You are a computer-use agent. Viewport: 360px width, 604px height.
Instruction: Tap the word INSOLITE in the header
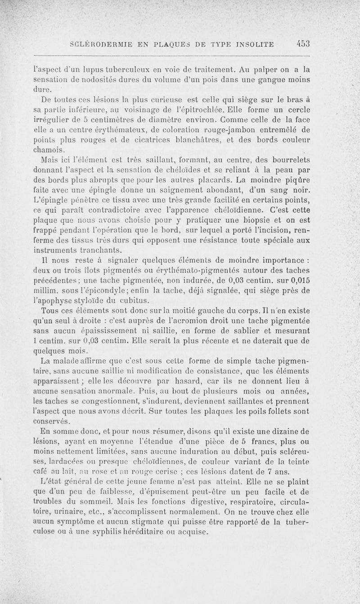[x=256, y=44]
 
